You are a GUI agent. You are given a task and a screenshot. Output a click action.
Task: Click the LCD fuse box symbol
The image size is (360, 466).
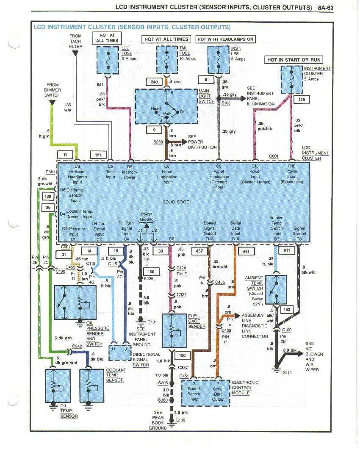108,60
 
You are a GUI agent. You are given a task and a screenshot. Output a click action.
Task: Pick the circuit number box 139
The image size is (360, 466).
302,100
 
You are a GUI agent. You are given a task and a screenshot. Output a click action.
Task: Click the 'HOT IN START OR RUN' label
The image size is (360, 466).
294,60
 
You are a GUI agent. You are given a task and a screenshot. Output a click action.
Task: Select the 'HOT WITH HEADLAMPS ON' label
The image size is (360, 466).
225,39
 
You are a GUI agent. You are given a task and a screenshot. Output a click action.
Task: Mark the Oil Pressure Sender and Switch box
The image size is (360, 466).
75,302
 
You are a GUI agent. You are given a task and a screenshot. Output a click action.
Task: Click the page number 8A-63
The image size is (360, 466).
326,8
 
